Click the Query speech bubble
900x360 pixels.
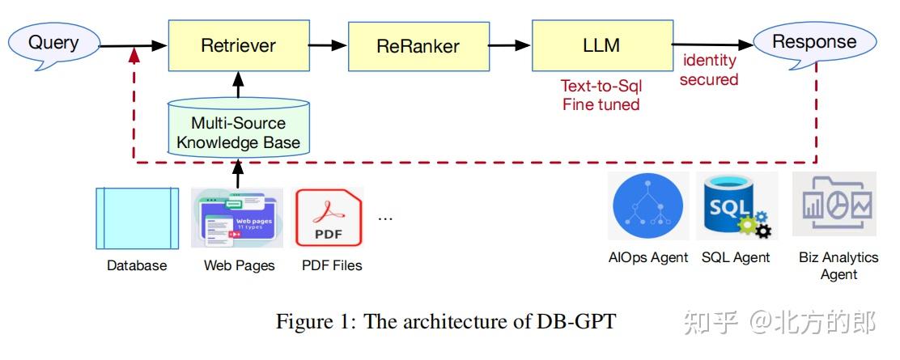tap(53, 41)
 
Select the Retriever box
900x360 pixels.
tap(238, 45)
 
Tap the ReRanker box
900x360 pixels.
tap(418, 46)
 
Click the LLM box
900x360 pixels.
tap(601, 45)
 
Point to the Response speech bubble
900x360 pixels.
tap(813, 41)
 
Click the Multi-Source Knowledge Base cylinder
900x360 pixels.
tap(238, 129)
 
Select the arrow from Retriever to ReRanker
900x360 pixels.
tap(328, 46)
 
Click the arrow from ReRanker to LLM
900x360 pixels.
tap(509, 46)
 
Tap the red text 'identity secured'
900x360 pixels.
tap(709, 70)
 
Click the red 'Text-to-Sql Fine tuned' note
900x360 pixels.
tap(601, 95)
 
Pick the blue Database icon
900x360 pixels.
tap(137, 218)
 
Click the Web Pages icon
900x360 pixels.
tap(237, 218)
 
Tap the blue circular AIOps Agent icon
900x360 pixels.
tap(648, 205)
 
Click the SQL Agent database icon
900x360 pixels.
tap(736, 206)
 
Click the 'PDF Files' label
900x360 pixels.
tap(332, 265)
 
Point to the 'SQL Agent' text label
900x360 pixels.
tap(736, 258)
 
